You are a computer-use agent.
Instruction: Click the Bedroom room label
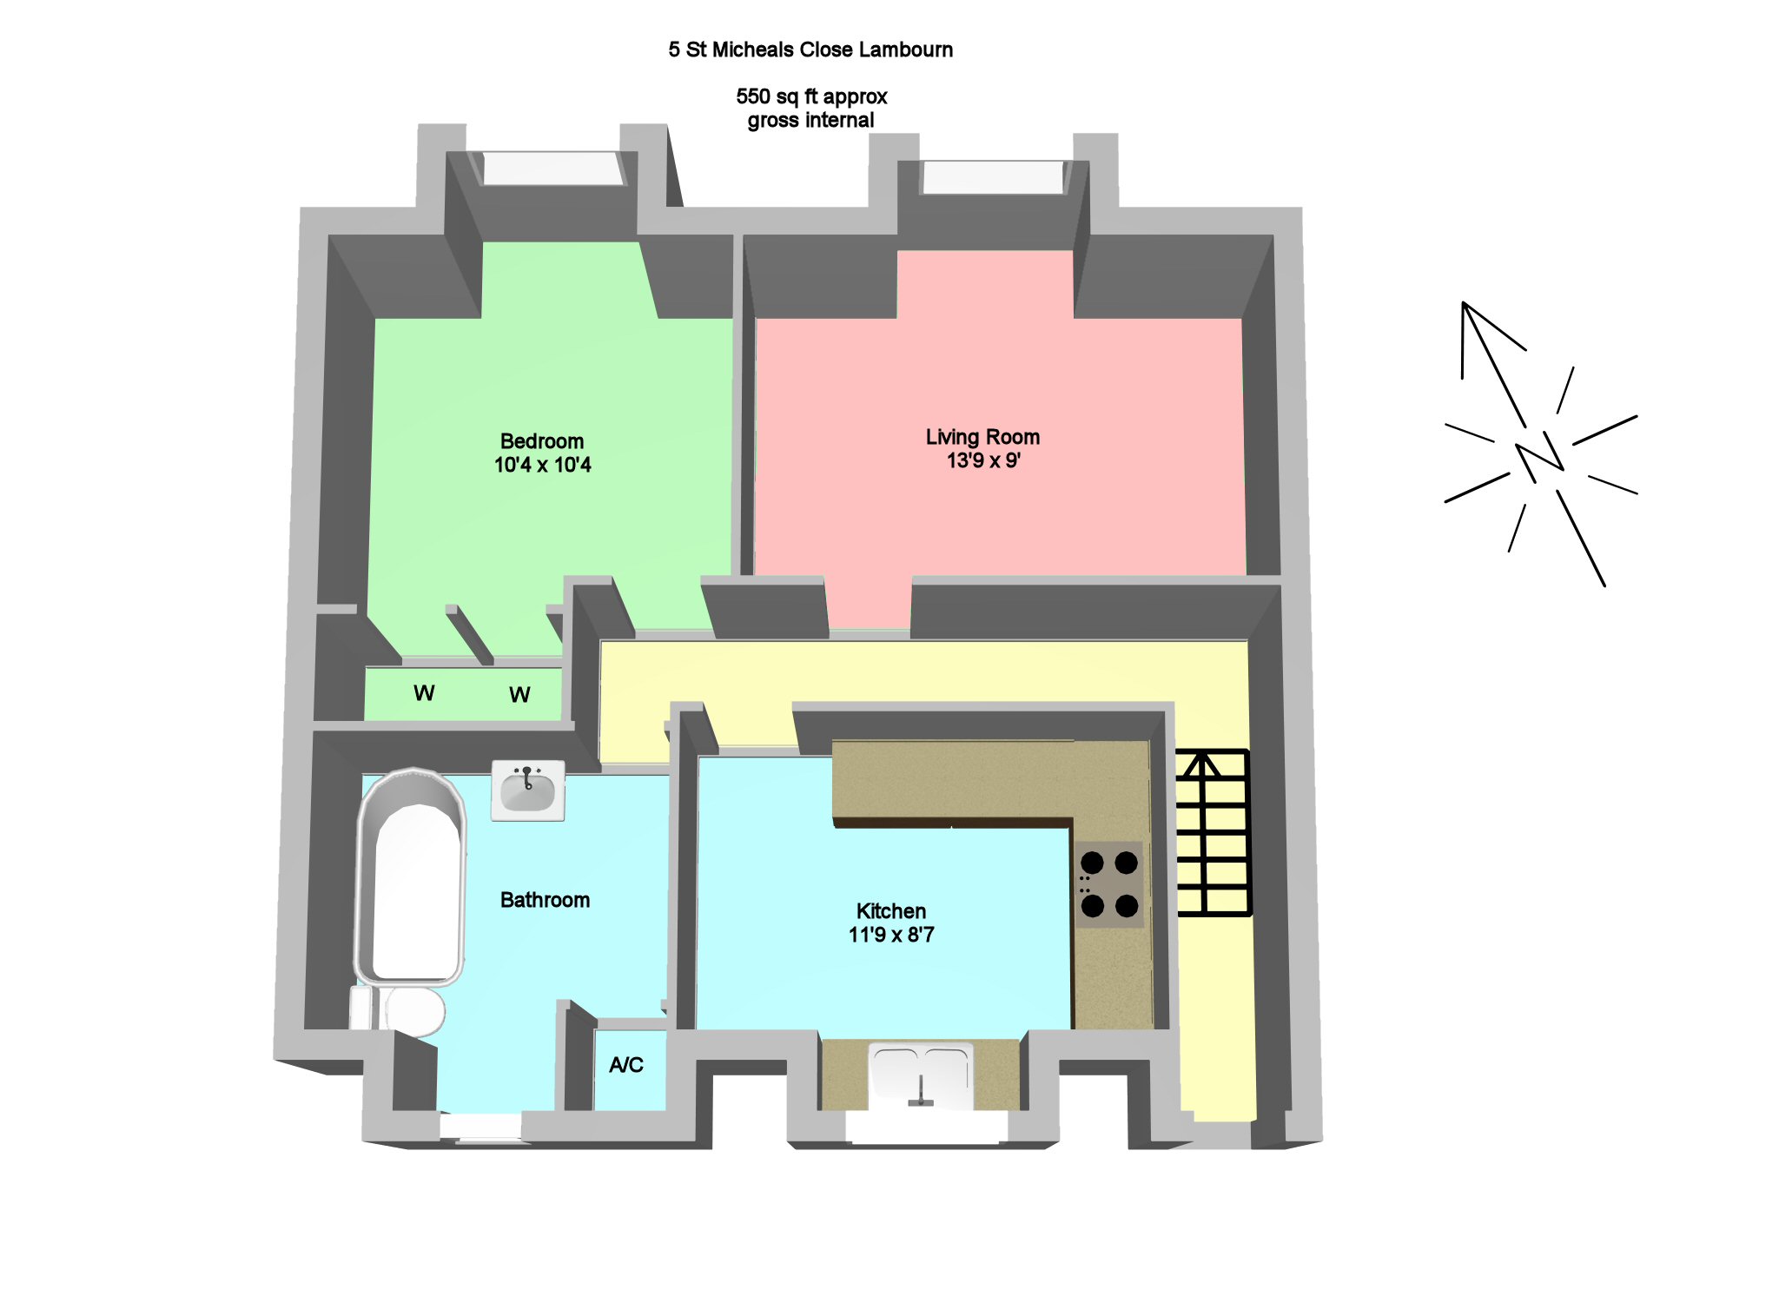coord(542,441)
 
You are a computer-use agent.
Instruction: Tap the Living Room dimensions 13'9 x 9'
coord(983,461)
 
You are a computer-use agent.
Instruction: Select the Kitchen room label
coord(891,911)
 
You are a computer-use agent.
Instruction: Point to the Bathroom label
coord(545,900)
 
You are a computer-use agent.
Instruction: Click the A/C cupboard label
coord(626,1065)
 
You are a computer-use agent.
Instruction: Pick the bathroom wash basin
coord(528,790)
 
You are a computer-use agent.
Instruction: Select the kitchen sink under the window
coord(921,1074)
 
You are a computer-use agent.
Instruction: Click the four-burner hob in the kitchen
coord(1109,884)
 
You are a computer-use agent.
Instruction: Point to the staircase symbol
coord(1213,832)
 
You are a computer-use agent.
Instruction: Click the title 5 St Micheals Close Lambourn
coord(810,50)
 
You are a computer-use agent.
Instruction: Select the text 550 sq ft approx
coord(811,96)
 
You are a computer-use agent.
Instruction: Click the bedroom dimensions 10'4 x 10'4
coord(542,466)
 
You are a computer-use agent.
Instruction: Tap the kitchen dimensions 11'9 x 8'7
coord(891,936)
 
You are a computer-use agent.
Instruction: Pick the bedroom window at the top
coord(552,168)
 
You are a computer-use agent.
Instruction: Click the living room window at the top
coord(993,176)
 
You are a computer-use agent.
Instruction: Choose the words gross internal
coord(810,121)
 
